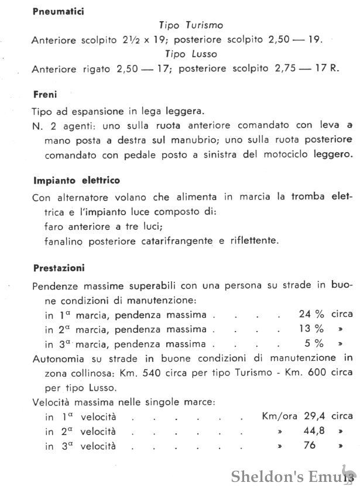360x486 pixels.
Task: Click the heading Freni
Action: tap(44, 94)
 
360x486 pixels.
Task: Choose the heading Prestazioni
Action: tap(59, 268)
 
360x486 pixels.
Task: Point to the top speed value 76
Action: tap(310, 446)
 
